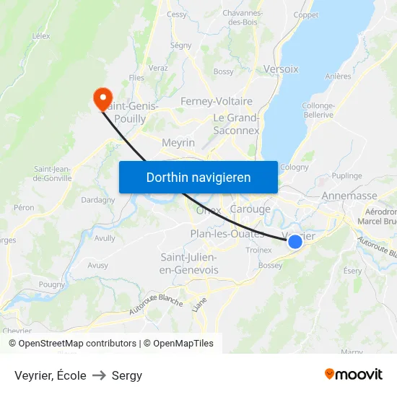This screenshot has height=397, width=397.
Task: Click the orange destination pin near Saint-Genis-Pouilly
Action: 102,97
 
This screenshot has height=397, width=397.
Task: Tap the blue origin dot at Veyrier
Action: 295,242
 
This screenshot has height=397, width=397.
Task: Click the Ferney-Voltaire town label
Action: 217,101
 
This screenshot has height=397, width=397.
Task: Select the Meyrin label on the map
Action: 178,143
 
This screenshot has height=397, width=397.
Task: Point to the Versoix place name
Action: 282,69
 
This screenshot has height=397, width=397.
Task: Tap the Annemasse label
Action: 349,196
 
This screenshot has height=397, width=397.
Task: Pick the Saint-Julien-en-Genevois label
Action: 189,263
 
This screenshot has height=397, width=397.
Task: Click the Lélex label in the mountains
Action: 41,35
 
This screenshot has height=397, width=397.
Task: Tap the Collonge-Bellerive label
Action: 318,110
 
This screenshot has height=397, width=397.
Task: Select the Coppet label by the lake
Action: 306,15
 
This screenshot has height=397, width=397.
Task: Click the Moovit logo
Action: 354,374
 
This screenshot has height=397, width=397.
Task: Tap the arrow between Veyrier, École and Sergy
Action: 99,375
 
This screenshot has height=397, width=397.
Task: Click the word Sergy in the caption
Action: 127,375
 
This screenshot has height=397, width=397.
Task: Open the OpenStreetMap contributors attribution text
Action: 77,344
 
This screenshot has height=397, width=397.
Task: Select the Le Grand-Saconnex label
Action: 236,124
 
